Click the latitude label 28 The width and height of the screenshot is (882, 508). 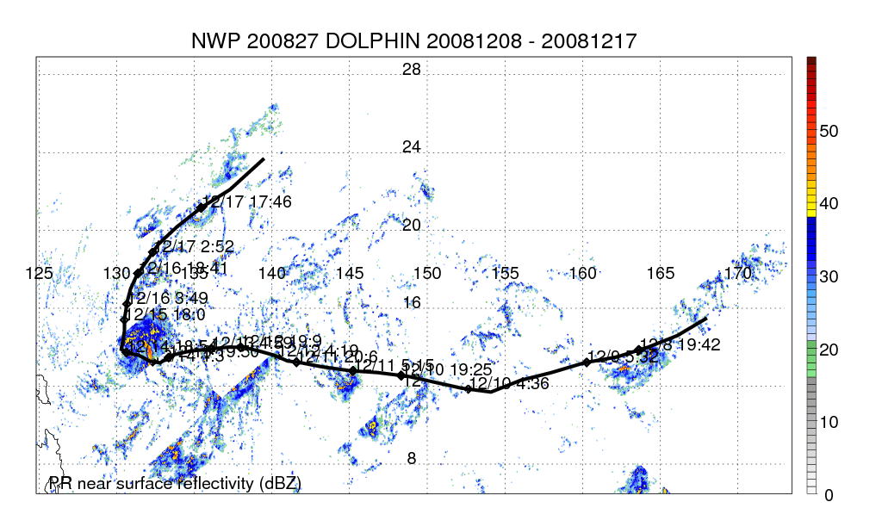(412, 70)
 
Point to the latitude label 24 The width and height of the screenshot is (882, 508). (412, 147)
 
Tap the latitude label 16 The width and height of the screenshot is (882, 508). (412, 303)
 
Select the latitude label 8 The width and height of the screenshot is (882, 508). (412, 459)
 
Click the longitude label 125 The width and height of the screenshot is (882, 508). (39, 273)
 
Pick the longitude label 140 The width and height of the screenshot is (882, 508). (272, 273)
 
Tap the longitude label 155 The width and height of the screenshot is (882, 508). (506, 273)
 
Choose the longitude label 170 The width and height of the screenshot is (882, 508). (738, 273)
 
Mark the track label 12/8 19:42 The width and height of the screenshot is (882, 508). (680, 344)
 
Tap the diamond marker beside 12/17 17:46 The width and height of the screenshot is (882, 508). (201, 208)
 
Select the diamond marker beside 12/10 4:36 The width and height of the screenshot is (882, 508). (469, 389)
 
